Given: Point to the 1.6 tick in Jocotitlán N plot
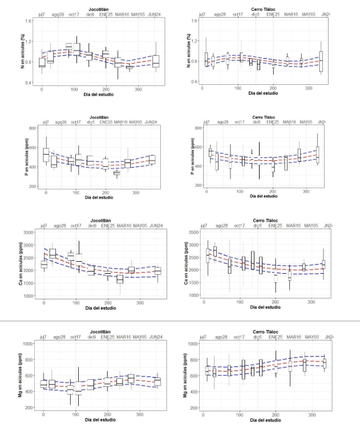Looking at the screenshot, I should (29, 21).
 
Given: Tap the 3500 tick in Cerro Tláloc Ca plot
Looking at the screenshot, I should (193, 233).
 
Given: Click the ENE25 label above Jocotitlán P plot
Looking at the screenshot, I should (106, 123).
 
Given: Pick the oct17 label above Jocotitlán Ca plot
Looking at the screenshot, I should (75, 226).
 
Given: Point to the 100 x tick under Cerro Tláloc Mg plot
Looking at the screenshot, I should (240, 415).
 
